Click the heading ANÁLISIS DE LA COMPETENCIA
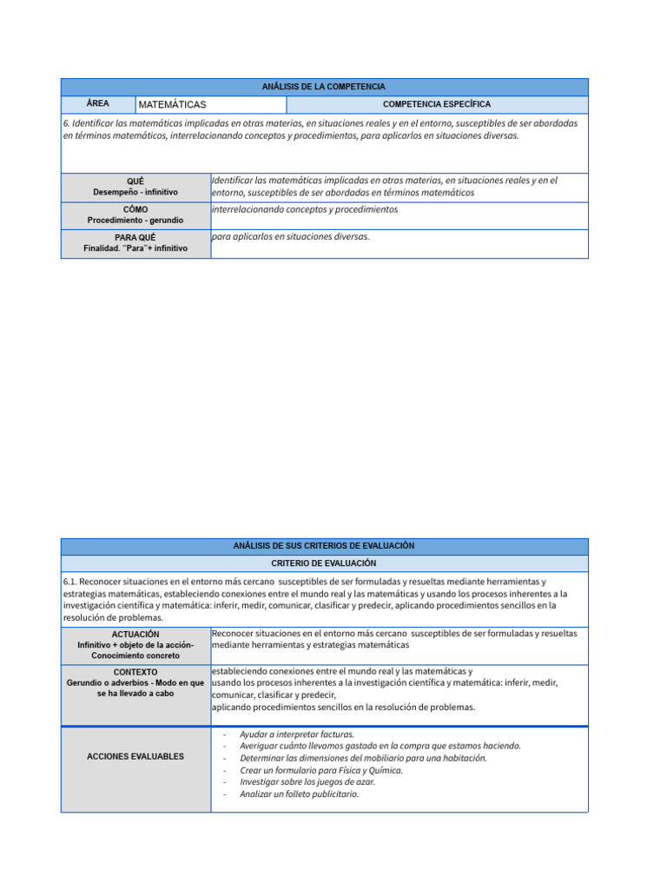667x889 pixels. [324, 87]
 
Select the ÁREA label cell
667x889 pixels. [97, 103]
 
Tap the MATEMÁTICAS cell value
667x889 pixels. [172, 104]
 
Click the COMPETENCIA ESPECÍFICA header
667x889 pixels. [436, 104]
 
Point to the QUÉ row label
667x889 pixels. [135, 181]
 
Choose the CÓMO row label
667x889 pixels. [135, 210]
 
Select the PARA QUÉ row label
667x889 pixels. [135, 237]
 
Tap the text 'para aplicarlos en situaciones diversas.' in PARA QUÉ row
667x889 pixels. [291, 236]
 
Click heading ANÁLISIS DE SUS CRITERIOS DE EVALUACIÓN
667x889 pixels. [324, 546]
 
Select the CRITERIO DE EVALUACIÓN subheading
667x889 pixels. [324, 563]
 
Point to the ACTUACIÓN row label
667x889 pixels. [135, 635]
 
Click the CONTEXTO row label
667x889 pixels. [135, 672]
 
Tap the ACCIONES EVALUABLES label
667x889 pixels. [135, 756]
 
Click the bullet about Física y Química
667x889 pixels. [321, 770]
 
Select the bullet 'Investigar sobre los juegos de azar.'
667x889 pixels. [307, 781]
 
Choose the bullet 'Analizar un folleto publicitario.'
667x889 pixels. [299, 794]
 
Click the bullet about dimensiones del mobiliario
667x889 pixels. [363, 758]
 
